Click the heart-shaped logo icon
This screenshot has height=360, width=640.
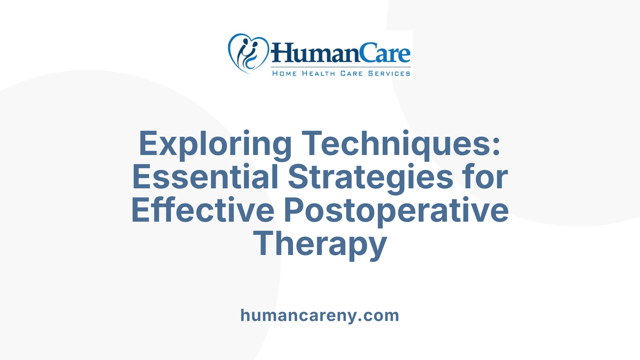(x=248, y=53)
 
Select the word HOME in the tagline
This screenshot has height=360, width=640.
(x=284, y=73)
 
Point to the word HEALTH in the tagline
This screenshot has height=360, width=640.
(x=318, y=73)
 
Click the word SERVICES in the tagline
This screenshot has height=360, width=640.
(x=389, y=73)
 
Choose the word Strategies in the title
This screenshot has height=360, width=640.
(x=370, y=177)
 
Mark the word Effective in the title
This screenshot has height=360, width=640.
(x=203, y=210)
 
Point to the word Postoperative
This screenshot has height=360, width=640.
(x=396, y=210)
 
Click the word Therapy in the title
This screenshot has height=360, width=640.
(x=320, y=244)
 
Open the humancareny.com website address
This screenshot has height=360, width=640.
(x=320, y=315)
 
